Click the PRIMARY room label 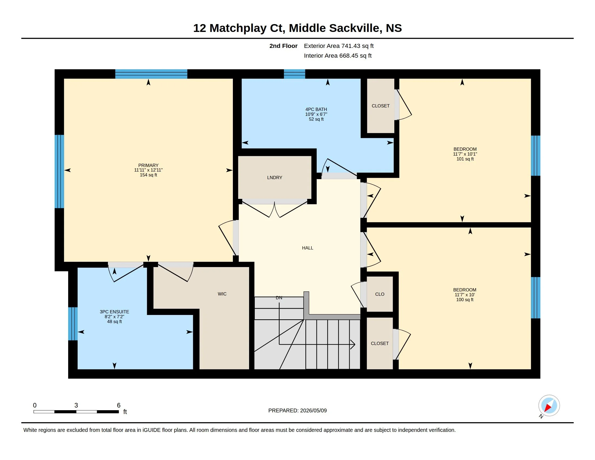(148, 165)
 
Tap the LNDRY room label (275, 178)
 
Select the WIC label (222, 294)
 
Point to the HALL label (308, 248)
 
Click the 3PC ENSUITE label (114, 311)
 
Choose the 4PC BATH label (316, 109)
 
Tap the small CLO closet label (380, 294)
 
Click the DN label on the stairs (279, 298)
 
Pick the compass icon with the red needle (549, 405)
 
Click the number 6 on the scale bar (118, 405)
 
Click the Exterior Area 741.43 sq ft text (339, 46)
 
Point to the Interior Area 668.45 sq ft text (338, 55)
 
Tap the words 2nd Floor (283, 46)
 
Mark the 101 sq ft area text (465, 159)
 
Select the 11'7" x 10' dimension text (465, 295)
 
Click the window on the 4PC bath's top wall (295, 74)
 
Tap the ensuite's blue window (73, 324)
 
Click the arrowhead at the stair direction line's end (353, 344)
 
